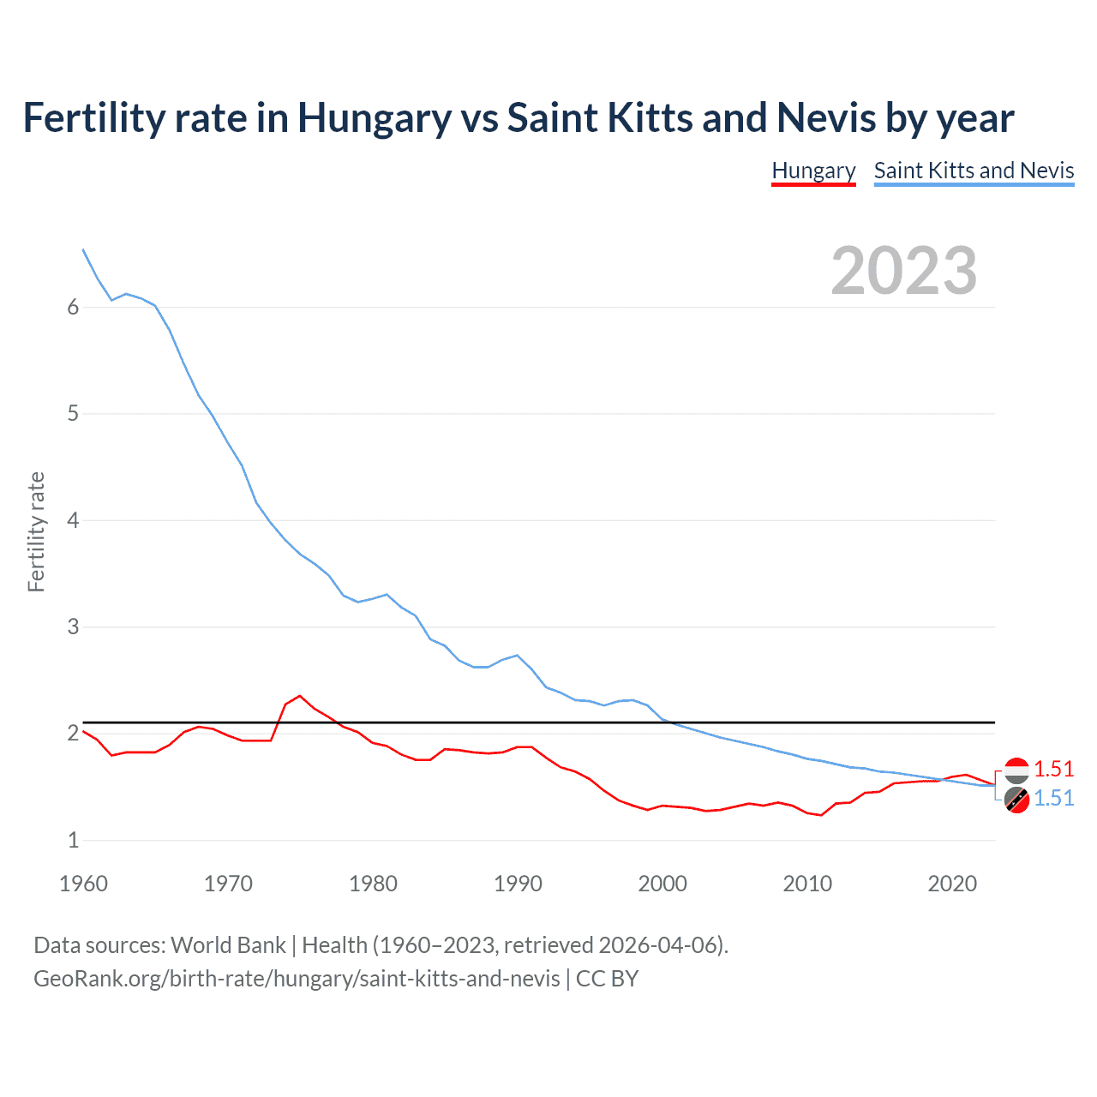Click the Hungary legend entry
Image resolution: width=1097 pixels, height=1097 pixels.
click(813, 171)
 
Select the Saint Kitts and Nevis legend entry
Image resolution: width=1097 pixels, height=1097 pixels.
click(974, 171)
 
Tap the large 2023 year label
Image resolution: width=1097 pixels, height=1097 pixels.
click(903, 271)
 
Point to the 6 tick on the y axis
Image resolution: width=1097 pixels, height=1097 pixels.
click(73, 308)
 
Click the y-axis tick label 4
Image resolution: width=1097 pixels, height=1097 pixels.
click(73, 520)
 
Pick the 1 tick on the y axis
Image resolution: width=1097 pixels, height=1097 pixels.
click(73, 840)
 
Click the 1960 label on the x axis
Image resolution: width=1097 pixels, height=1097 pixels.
click(83, 884)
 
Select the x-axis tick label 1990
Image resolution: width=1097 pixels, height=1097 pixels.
click(518, 884)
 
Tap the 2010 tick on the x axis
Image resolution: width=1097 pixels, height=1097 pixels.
click(807, 884)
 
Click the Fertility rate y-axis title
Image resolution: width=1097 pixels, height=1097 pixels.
click(36, 531)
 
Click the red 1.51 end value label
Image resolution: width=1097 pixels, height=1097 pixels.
click(1053, 769)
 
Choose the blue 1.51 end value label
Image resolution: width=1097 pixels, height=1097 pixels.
click(1053, 798)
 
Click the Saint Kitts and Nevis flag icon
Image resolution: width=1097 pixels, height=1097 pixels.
click(1016, 800)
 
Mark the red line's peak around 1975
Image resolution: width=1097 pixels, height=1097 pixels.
click(300, 696)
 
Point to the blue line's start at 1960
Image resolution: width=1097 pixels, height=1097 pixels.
click(83, 249)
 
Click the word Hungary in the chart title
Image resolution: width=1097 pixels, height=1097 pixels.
click(374, 117)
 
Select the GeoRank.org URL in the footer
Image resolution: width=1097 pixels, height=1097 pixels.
click(297, 979)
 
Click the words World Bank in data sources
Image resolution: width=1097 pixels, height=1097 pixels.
click(228, 945)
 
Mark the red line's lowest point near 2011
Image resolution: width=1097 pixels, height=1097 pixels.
click(821, 815)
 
